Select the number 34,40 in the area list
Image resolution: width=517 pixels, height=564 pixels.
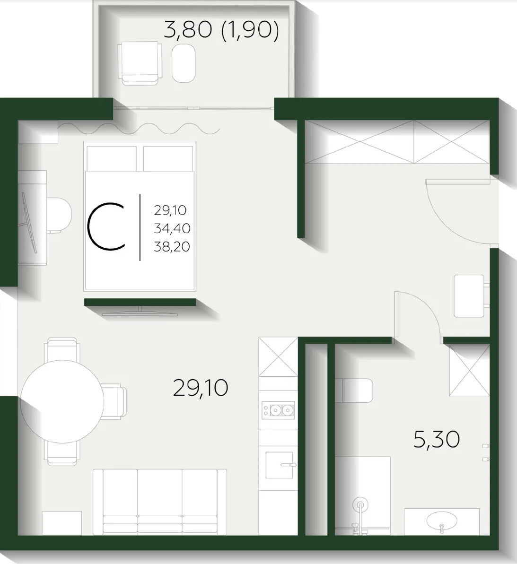[x=172, y=228]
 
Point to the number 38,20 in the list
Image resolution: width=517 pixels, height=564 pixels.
[x=172, y=247]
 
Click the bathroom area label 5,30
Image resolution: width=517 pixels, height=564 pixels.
[x=437, y=440]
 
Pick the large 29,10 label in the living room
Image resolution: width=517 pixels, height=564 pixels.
[x=201, y=388]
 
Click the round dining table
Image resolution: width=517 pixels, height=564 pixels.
[x=62, y=401]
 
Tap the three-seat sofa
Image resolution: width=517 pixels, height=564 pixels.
[x=160, y=502]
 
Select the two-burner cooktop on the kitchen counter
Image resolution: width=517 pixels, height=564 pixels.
[x=278, y=410]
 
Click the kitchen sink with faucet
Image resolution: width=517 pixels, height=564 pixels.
[x=279, y=465]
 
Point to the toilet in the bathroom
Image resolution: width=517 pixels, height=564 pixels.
[x=354, y=390]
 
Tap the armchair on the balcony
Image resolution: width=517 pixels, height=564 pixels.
[x=140, y=63]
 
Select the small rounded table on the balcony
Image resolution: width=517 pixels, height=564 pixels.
[x=184, y=63]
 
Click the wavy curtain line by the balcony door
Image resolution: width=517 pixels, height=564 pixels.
[x=139, y=128]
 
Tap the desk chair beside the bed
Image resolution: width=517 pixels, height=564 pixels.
[x=59, y=215]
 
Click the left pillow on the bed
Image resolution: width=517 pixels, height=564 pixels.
[x=112, y=158]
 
